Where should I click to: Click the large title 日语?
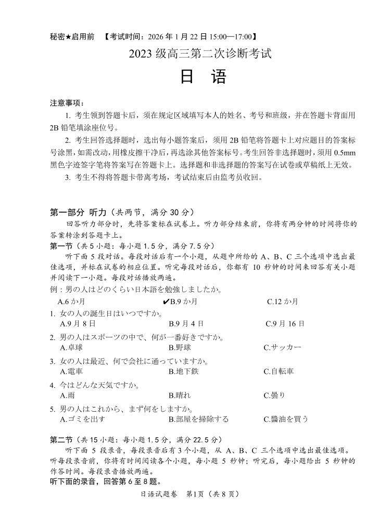tap(203, 77)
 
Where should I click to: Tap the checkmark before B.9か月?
tap(166, 302)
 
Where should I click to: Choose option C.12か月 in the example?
tap(283, 302)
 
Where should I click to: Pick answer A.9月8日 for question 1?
tap(78, 323)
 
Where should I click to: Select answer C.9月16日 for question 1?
tap(285, 323)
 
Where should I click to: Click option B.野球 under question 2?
tap(180, 347)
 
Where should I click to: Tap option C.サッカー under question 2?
tap(282, 347)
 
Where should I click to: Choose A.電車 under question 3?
tap(72, 371)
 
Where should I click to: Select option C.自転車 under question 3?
tap(279, 371)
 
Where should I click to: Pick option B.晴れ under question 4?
tap(180, 395)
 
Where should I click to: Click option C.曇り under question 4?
tap(274, 395)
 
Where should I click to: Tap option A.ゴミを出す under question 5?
tap(83, 419)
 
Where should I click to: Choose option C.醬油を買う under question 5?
tap(286, 419)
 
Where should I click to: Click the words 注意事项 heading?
tap(67, 103)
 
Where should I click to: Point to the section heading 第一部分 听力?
tap(78, 212)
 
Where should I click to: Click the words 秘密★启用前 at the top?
tap(72, 37)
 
